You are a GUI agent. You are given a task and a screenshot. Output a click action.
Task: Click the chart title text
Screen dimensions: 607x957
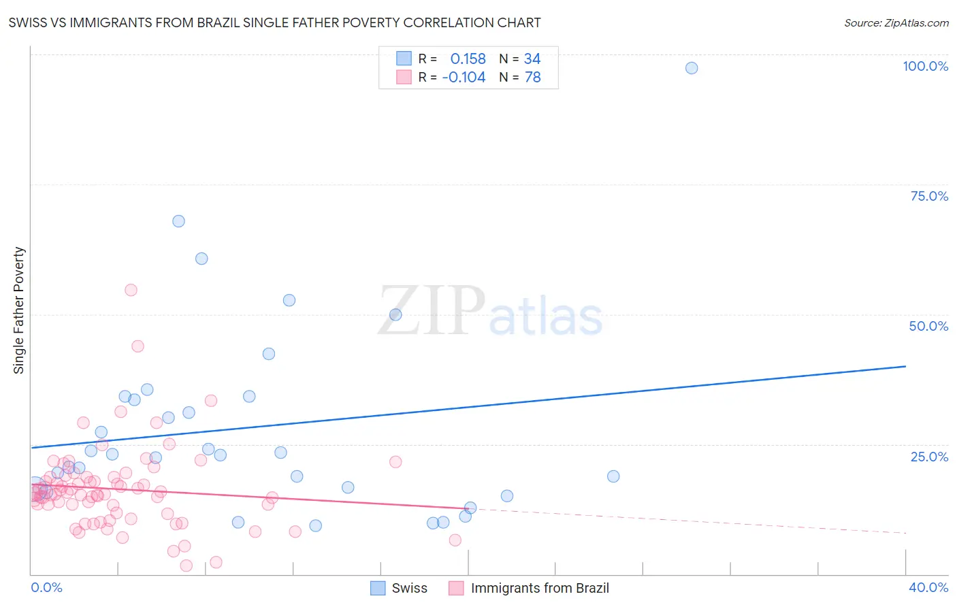(x=274, y=23)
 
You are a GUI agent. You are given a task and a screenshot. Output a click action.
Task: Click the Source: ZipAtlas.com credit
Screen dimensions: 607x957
(x=896, y=23)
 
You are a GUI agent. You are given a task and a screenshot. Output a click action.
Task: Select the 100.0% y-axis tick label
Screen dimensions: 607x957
(x=925, y=66)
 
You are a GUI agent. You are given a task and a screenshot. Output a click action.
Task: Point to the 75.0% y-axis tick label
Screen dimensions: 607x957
(x=929, y=196)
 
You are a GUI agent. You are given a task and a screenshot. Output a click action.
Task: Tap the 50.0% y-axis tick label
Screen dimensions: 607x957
(x=928, y=326)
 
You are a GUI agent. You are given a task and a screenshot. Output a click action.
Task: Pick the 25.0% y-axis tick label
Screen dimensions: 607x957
(x=929, y=457)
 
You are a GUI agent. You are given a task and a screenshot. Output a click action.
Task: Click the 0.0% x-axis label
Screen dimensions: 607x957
(x=46, y=587)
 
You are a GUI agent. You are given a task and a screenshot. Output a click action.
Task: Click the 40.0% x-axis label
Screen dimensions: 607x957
(x=928, y=587)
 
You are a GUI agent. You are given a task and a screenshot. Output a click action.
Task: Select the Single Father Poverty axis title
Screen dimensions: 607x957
(x=19, y=310)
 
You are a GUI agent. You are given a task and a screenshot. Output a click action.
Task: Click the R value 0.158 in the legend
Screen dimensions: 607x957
(x=468, y=59)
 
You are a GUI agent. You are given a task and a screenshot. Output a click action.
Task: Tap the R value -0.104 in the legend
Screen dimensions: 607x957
(x=464, y=78)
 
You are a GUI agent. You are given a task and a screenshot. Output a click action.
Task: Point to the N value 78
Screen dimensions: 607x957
(x=532, y=78)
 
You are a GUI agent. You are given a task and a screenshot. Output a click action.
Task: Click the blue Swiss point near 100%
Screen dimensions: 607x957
(x=692, y=68)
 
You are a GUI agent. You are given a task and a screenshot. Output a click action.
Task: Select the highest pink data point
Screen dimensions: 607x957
(x=131, y=290)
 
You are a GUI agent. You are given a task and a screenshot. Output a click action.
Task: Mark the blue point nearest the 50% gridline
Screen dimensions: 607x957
(x=395, y=314)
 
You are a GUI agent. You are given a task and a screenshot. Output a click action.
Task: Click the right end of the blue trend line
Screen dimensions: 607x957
(x=905, y=366)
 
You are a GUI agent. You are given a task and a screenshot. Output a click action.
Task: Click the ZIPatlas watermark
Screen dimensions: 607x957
(x=490, y=312)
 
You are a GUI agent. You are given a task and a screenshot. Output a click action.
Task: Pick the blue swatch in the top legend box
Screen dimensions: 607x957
(x=404, y=59)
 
